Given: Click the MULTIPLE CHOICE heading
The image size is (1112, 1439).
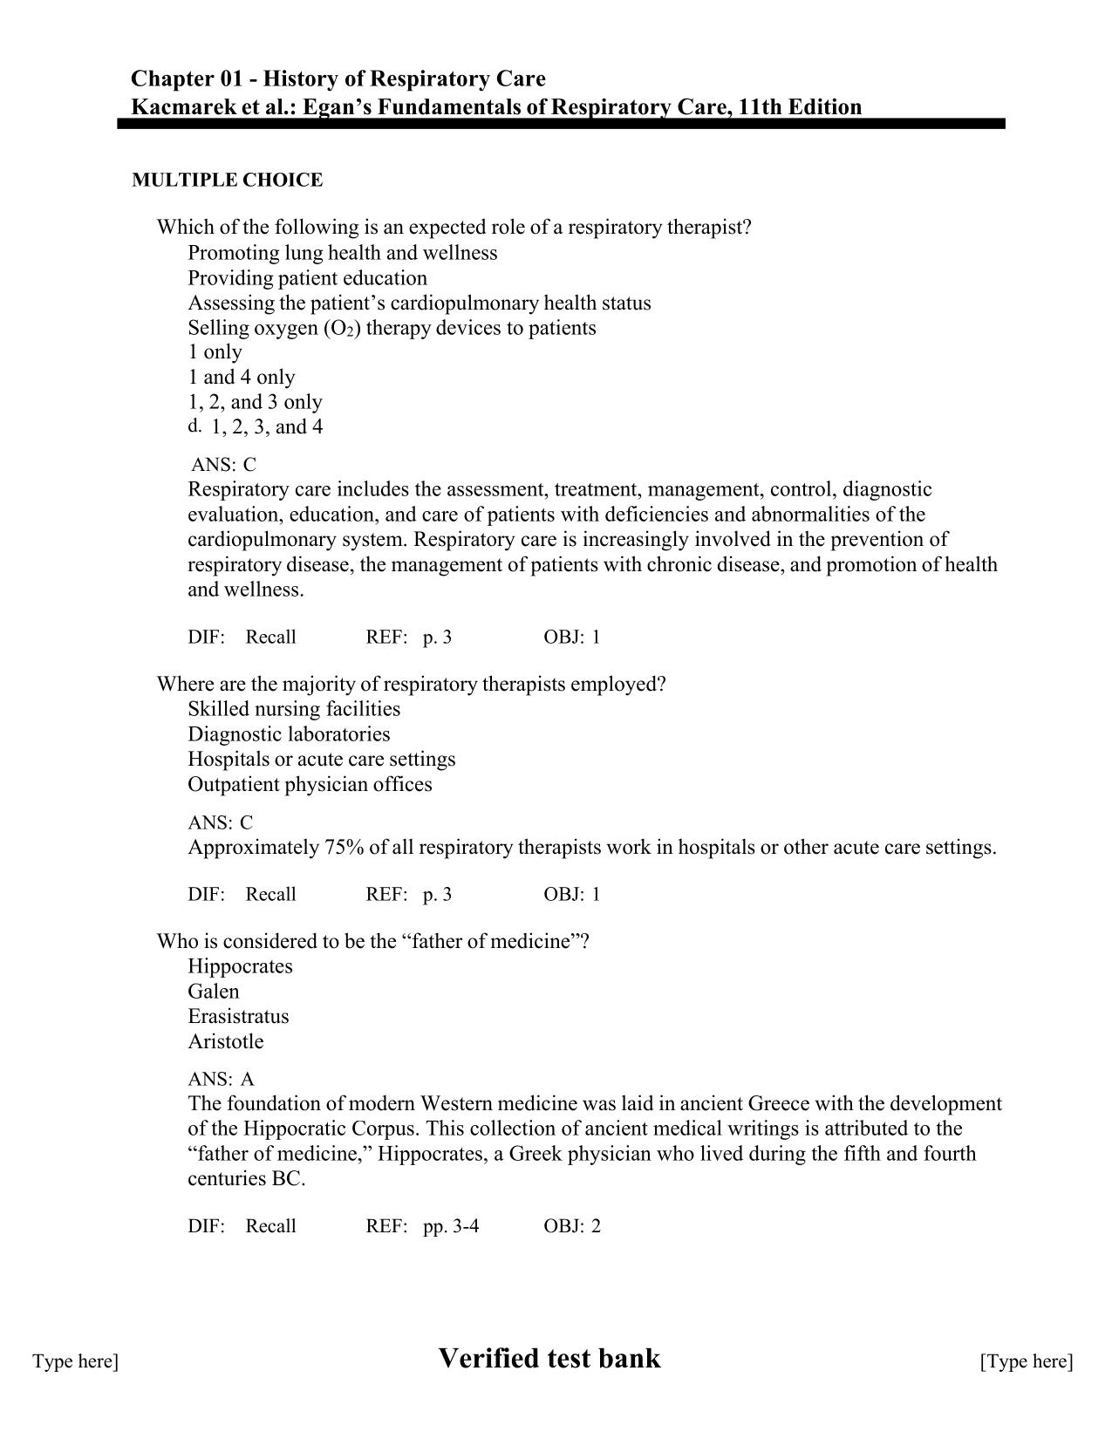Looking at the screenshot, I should [227, 181].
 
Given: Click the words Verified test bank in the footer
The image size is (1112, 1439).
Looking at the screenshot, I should [549, 1358].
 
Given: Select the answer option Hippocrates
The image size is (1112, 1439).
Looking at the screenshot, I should [240, 966].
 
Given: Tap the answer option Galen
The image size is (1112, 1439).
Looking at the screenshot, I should [213, 992].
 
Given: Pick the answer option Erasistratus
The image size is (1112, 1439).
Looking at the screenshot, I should [238, 1017].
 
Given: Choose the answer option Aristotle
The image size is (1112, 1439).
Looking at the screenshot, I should [225, 1041].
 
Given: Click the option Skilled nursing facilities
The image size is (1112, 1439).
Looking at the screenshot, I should [294, 709].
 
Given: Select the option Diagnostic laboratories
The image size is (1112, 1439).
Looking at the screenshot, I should [289, 734].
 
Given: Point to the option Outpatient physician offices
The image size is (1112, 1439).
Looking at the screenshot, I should [310, 784].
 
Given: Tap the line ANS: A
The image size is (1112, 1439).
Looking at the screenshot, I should [221, 1079].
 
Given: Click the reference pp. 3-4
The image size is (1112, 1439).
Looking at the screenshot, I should [451, 1226].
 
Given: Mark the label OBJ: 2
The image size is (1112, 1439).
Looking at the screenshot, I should [572, 1226].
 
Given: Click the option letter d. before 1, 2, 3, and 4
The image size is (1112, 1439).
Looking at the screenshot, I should [194, 426].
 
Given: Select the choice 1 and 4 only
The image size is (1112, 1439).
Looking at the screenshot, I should [242, 378].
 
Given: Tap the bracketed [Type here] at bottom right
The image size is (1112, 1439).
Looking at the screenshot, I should [1027, 1361].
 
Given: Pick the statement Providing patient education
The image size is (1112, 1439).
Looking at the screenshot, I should [307, 278].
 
